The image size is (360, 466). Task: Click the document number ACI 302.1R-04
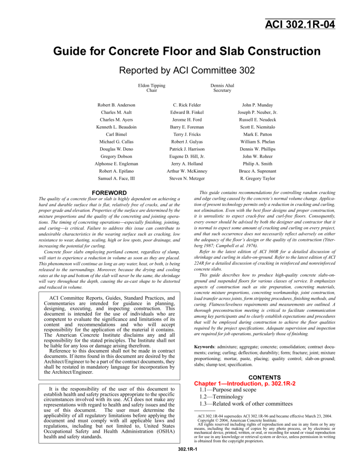point(300,23)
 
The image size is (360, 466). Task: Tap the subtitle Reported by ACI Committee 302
point(180,70)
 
